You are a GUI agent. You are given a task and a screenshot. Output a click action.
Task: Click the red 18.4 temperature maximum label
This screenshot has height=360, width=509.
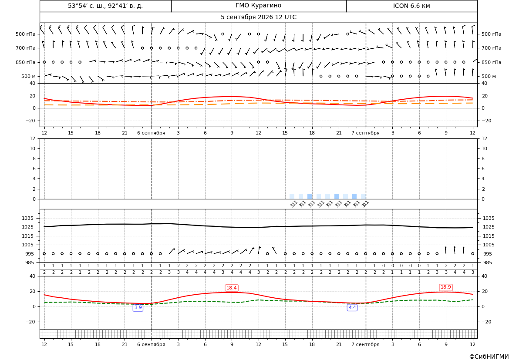[232, 288]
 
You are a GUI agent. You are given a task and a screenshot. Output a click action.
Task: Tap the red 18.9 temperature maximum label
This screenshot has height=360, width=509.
[446, 287]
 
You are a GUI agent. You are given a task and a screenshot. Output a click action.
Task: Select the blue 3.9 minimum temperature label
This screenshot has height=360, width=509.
[138, 307]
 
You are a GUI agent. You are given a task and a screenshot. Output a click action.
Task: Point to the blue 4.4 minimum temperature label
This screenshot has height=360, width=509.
[352, 307]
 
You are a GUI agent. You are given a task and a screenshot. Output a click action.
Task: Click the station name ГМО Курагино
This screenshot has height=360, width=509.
[258, 6]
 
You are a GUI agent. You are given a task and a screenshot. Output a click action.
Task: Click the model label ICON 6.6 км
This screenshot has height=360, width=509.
[411, 6]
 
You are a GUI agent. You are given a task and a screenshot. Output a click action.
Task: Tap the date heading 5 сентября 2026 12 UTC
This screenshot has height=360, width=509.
[258, 17]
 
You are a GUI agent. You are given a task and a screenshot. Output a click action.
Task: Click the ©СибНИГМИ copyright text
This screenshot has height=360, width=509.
[489, 357]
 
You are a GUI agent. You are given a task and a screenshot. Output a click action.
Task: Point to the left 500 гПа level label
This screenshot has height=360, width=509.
[26, 34]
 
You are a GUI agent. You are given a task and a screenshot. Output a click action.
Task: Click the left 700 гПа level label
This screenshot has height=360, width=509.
[26, 48]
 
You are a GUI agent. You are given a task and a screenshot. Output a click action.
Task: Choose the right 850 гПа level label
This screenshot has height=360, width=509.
[492, 62]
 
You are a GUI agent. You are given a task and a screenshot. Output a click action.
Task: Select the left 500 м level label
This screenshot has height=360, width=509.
[29, 76]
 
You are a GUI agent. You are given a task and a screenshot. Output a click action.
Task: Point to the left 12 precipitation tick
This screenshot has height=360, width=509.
[33, 138]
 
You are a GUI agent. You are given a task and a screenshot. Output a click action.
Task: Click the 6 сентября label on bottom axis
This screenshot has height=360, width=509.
[151, 344]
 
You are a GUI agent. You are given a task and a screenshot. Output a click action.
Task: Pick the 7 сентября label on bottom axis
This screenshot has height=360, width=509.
[365, 344]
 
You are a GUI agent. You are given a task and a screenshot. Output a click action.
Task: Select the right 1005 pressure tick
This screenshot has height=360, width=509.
[489, 245]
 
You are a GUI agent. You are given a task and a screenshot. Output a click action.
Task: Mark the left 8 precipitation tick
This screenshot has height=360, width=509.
[34, 159]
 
